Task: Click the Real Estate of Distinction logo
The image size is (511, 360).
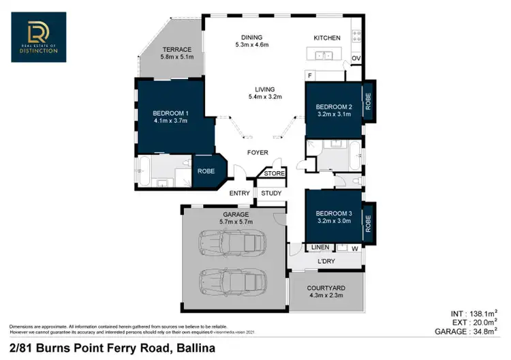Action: (38, 38)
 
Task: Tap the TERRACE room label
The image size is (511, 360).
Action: (176, 50)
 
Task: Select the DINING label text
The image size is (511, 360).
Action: (251, 37)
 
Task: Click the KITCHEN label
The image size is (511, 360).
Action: (326, 38)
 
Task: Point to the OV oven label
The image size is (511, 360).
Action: (356, 58)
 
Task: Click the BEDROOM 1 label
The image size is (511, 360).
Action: (170, 112)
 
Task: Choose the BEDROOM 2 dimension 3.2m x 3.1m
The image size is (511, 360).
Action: (333, 115)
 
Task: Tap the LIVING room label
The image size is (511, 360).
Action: (264, 89)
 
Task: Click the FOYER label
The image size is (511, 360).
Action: (258, 153)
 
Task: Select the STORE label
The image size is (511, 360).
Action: (275, 174)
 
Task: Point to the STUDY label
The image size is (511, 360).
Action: (271, 194)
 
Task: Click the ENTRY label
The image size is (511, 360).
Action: (239, 194)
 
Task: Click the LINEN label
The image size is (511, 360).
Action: (320, 247)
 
